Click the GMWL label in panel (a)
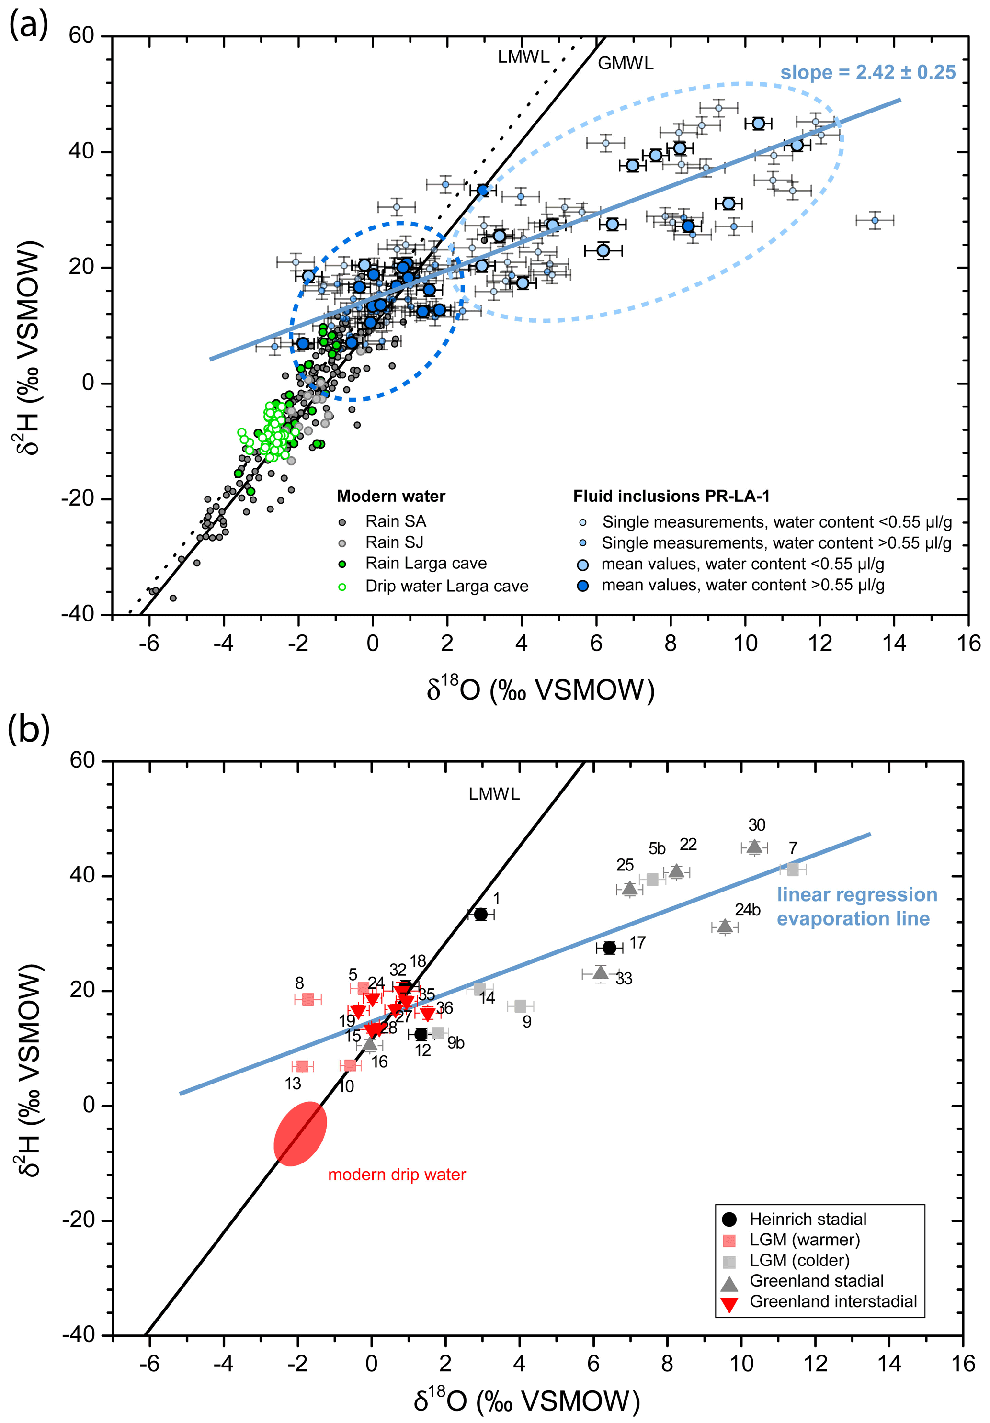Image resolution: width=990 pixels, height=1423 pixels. click(x=625, y=63)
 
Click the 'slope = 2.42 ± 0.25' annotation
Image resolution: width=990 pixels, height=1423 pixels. click(x=867, y=72)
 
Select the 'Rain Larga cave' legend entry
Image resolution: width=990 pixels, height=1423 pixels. click(x=425, y=564)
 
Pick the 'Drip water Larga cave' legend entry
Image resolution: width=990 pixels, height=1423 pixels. click(x=446, y=587)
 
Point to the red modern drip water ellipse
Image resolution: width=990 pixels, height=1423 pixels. click(x=300, y=1134)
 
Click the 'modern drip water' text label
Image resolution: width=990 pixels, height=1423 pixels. click(x=397, y=1175)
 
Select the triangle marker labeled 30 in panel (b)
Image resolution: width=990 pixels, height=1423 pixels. click(x=754, y=847)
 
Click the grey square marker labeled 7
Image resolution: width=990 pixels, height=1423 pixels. click(x=792, y=870)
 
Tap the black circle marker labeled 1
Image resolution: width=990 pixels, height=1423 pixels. click(x=480, y=914)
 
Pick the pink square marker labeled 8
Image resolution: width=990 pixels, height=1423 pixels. click(x=307, y=1000)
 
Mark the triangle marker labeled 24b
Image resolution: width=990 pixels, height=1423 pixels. click(x=725, y=926)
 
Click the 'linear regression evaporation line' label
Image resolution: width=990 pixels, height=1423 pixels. click(x=857, y=906)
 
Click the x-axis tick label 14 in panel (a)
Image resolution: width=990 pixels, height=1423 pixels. click(x=893, y=644)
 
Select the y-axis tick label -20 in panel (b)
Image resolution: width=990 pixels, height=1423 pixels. click(x=80, y=1220)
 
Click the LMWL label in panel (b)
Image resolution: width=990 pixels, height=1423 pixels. click(x=494, y=794)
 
